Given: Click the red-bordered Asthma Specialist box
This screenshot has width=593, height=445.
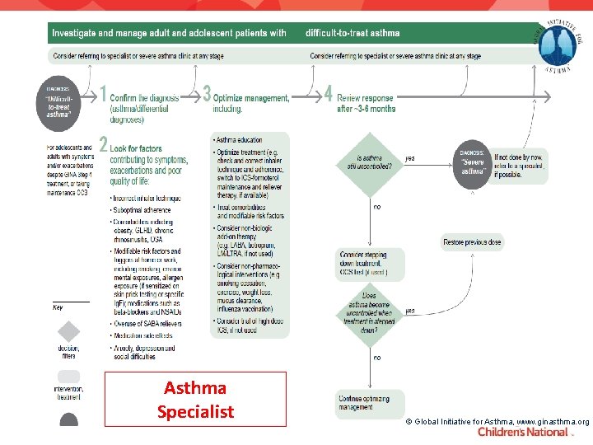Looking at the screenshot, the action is [195, 399].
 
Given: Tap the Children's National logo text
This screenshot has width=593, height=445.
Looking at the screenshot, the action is [522, 432].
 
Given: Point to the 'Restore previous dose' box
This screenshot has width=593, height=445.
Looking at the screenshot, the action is [472, 242].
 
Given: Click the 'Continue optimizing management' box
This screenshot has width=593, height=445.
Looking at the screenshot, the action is [370, 403].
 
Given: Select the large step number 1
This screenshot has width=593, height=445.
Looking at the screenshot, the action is [103, 93].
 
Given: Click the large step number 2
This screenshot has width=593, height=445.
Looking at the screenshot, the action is [103, 144].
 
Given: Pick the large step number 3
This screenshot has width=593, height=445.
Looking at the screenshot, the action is [206, 93].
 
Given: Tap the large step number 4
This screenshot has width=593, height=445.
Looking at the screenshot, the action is [329, 93].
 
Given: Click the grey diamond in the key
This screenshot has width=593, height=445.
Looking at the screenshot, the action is [68, 331].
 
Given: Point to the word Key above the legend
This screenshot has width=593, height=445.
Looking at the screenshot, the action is [58, 307].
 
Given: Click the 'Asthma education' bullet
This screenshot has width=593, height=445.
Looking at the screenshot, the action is [238, 140].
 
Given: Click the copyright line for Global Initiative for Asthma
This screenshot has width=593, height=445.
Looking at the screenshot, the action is [499, 421].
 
